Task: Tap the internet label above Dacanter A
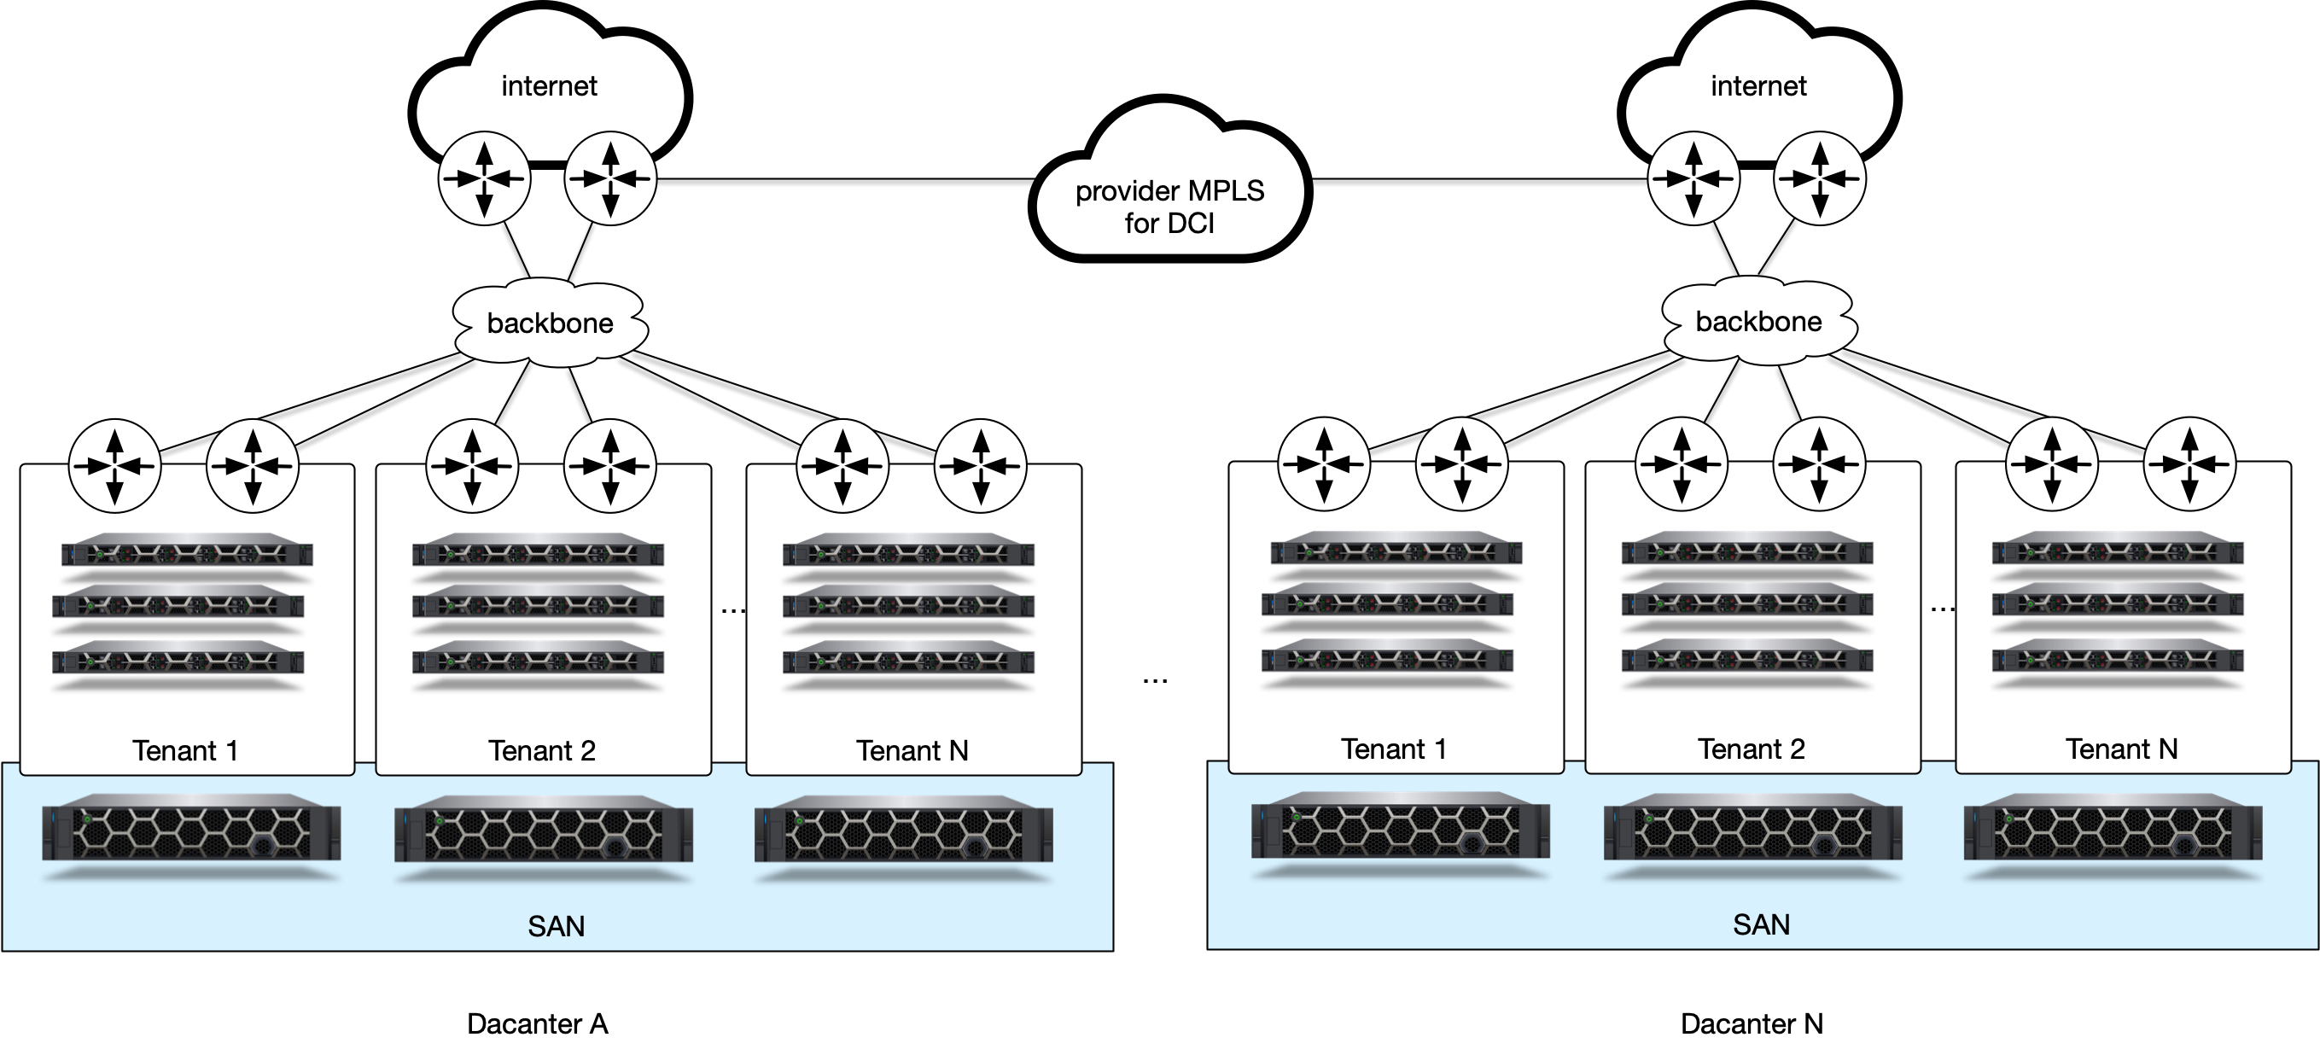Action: click(549, 85)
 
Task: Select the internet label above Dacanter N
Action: click(1758, 85)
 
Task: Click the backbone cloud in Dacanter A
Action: click(550, 323)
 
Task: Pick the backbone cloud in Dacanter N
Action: click(1758, 322)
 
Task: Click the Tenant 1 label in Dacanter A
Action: click(185, 750)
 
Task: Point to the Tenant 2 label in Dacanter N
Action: click(1751, 749)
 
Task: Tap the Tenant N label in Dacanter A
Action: click(912, 750)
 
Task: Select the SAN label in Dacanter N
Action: click(1761, 924)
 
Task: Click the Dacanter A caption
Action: click(537, 1023)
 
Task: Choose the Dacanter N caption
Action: click(1751, 1023)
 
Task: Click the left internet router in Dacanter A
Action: click(485, 179)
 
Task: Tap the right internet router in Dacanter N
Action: click(1819, 179)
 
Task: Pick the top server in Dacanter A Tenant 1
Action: click(186, 552)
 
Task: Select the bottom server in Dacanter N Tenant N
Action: click(2118, 659)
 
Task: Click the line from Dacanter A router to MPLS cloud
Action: click(847, 180)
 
